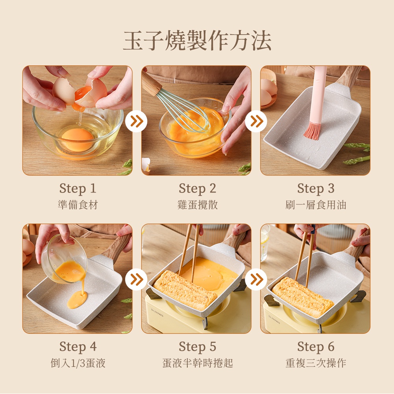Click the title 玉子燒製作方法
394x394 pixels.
pos(197,41)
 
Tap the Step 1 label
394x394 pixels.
pos(78,189)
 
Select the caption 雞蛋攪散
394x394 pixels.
pos(198,205)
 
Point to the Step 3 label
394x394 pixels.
pos(316,189)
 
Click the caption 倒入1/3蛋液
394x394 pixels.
pos(78,363)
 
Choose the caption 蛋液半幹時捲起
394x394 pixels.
pos(198,363)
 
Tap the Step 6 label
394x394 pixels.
pos(316,347)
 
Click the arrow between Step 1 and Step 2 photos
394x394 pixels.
pos(137,121)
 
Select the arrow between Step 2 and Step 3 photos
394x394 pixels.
pos(256,121)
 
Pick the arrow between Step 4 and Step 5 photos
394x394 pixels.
pos(137,279)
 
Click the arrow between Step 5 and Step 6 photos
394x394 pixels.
pos(256,279)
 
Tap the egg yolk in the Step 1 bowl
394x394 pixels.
pos(78,140)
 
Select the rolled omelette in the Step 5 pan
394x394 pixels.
pos(185,290)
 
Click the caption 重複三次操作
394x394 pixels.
pos(316,363)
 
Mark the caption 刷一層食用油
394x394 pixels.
pos(316,205)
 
